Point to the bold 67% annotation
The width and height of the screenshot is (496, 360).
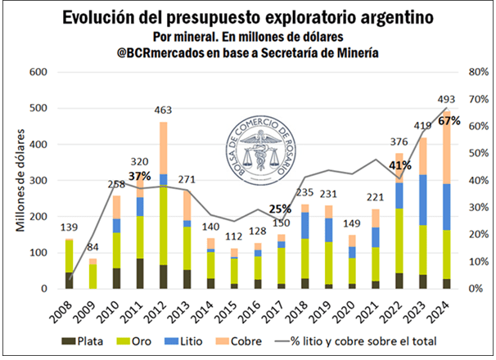point(449,120)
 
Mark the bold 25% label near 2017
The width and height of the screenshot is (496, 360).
point(281,209)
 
